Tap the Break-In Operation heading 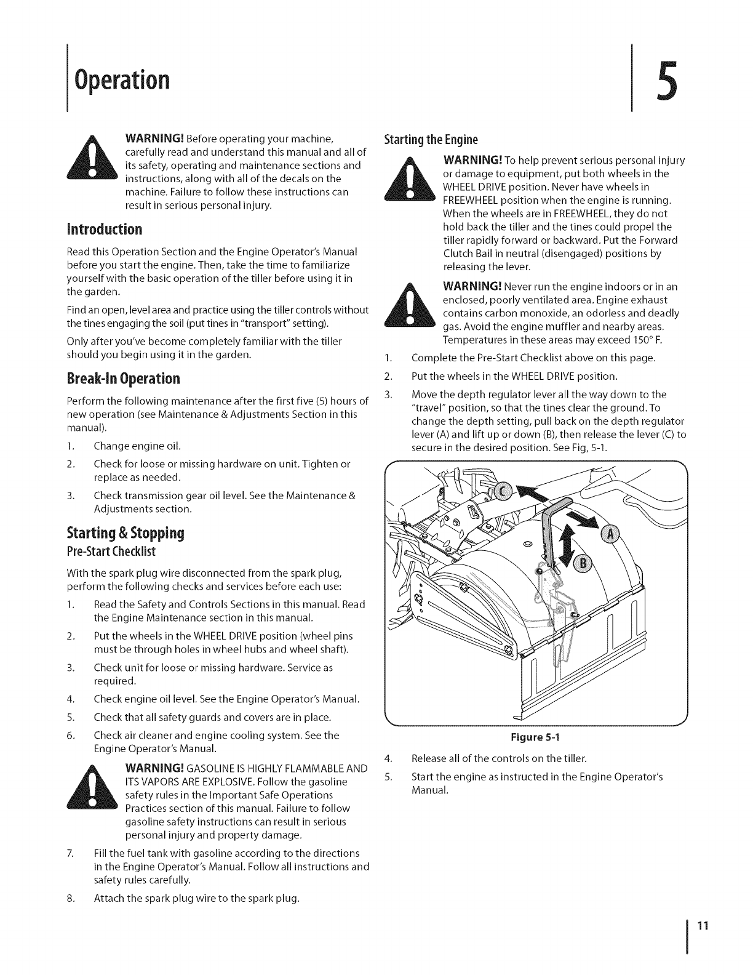tap(124, 377)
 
